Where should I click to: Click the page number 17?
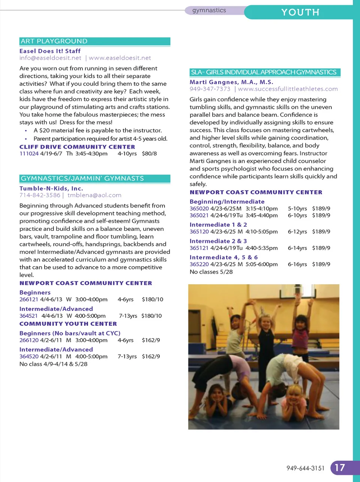[x=340, y=468]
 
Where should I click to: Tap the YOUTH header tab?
[x=300, y=12]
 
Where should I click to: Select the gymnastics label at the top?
[x=209, y=10]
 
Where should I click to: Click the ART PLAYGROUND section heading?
[x=54, y=41]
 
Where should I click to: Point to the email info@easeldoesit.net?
[x=50, y=58]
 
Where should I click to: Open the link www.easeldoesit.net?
[x=120, y=58]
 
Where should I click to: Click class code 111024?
[x=29, y=154]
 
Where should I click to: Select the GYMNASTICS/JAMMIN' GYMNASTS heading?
[x=82, y=178]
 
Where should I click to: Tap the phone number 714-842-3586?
[x=40, y=195]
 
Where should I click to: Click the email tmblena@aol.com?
[x=94, y=195]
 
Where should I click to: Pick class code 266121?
[x=29, y=299]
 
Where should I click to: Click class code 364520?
[x=29, y=356]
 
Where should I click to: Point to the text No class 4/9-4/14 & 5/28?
[x=53, y=364]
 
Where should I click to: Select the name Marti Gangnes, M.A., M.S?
[x=231, y=82]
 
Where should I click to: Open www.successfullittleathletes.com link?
[x=288, y=89]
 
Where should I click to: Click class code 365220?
[x=199, y=264]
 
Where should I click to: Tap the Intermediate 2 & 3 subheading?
[x=218, y=241]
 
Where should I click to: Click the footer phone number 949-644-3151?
[x=306, y=468]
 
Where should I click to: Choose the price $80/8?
[x=149, y=154]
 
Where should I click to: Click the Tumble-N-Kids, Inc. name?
[x=51, y=188]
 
